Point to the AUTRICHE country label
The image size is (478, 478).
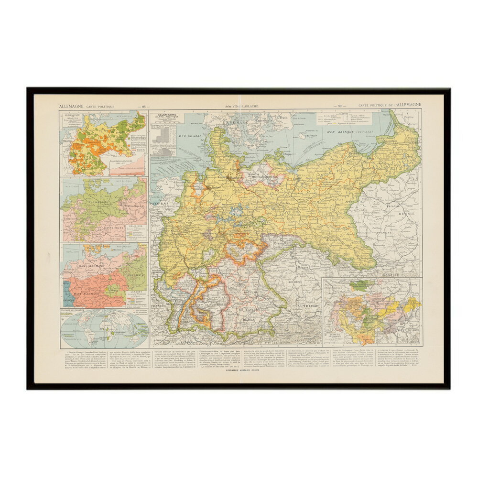[x=309, y=305]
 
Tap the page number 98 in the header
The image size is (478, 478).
[x=143, y=106]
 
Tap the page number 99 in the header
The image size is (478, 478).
[x=339, y=106]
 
